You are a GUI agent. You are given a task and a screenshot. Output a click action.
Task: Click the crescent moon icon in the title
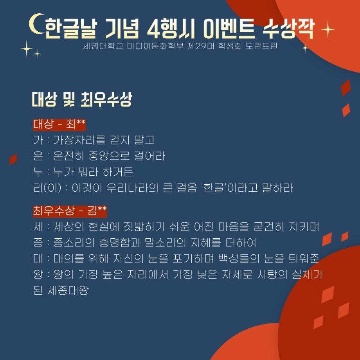pyautogui.click(x=36, y=25)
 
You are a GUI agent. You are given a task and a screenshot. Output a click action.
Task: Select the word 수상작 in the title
pyautogui.click(x=289, y=28)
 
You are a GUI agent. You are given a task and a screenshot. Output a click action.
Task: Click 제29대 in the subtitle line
pyautogui.click(x=202, y=46)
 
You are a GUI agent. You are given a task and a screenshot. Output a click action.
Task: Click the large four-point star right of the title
pyautogui.click(x=328, y=30)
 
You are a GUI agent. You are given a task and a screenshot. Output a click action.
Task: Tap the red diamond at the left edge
pyautogui.click(x=13, y=159)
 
